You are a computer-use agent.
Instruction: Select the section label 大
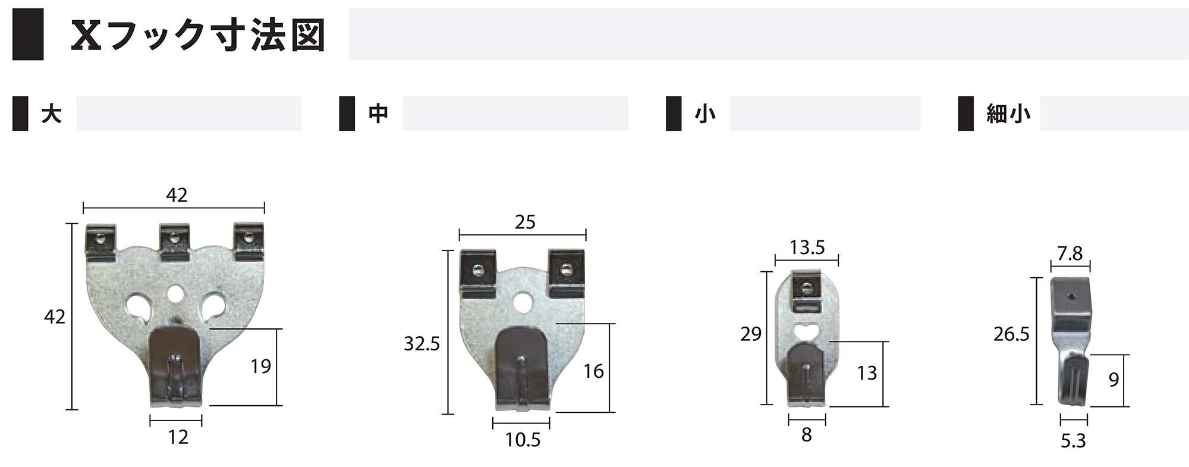[x=52, y=114]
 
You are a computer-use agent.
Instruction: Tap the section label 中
[x=378, y=114]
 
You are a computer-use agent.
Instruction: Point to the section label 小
[x=705, y=114]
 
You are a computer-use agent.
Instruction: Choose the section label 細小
[x=1008, y=114]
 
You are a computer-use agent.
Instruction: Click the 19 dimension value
[x=260, y=366]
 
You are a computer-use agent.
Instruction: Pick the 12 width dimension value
[x=178, y=437]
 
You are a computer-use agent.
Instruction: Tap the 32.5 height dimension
[x=422, y=343]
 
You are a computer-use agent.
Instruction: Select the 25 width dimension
[x=525, y=222]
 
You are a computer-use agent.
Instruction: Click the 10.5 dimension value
[x=523, y=440]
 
